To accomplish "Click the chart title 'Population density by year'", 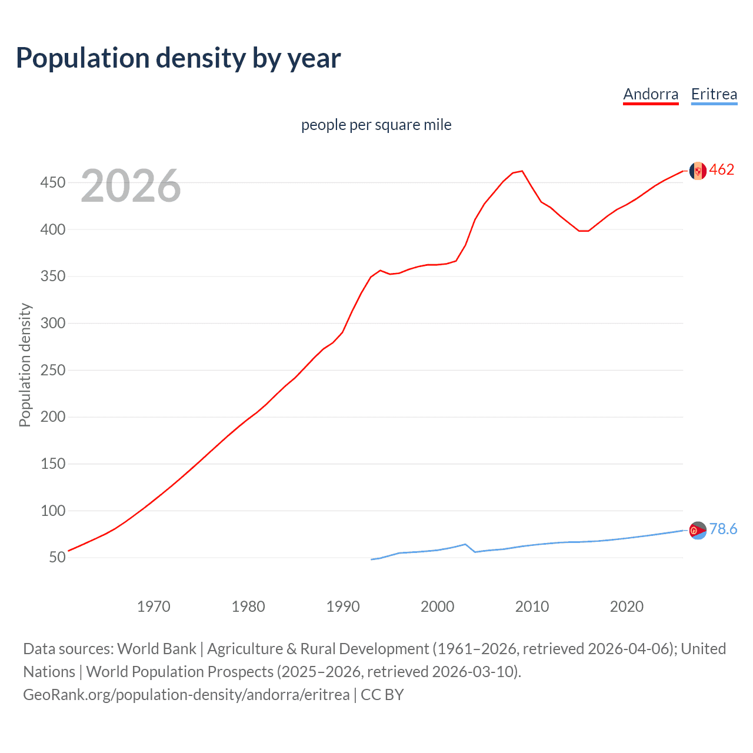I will [x=178, y=58].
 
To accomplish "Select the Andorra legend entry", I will [x=651, y=94].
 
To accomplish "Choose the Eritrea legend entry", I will [x=714, y=94].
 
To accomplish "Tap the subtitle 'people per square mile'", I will [x=376, y=125].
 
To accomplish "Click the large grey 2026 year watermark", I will [x=131, y=186].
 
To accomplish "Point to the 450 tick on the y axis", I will [x=52, y=183].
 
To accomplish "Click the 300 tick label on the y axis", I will [x=52, y=324].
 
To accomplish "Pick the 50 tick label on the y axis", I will [x=57, y=557].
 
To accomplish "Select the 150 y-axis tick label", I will [x=52, y=464].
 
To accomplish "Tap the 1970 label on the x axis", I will [x=154, y=607].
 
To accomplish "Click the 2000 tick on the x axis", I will [x=437, y=607].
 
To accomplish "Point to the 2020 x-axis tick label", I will [x=627, y=607].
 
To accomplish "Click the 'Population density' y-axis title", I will [x=25, y=365].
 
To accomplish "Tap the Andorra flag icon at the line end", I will [x=698, y=171].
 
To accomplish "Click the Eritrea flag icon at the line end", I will [x=698, y=530].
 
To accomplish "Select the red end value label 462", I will [x=722, y=170].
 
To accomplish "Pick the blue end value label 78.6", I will [x=723, y=529].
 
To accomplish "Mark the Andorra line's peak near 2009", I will [x=522, y=171].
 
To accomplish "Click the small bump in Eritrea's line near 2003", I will [x=465, y=544].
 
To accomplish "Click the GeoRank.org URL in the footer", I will [x=186, y=695].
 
